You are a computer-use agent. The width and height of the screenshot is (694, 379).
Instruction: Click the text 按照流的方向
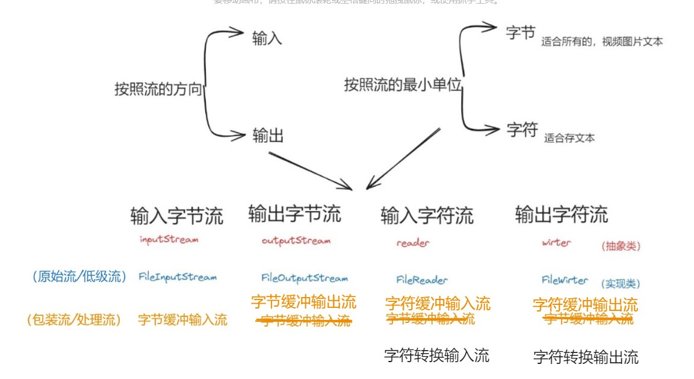(x=158, y=90)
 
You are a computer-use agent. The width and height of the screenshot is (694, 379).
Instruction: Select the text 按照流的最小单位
(x=403, y=85)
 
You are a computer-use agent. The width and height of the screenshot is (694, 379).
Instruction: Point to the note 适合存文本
(x=569, y=138)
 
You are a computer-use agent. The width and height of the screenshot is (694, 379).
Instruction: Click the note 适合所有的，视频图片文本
(x=602, y=42)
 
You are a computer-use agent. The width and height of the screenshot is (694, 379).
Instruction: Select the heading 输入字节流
(x=176, y=216)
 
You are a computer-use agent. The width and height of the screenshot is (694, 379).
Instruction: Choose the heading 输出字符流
(x=561, y=214)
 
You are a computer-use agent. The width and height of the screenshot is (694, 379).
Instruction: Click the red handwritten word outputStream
(x=296, y=241)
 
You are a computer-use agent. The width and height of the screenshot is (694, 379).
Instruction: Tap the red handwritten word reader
(x=413, y=243)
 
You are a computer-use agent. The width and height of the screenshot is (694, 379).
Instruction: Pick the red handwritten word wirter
(x=556, y=243)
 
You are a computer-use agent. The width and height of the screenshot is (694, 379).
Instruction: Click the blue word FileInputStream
(x=178, y=277)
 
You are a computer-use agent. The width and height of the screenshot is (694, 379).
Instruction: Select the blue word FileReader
(x=422, y=280)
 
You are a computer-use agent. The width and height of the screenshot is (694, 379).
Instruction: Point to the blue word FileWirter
(x=565, y=280)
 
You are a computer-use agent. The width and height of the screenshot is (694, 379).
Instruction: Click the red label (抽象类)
(x=621, y=246)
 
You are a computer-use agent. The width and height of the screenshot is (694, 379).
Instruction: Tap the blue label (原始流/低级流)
(x=79, y=277)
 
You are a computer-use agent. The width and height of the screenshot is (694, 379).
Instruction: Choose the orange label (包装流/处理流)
(x=73, y=320)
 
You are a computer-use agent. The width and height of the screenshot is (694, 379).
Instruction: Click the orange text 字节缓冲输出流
(x=303, y=302)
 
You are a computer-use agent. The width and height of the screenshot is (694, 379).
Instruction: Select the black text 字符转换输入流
(x=437, y=356)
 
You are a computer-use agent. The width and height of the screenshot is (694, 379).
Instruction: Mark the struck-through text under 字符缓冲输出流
(x=588, y=319)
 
